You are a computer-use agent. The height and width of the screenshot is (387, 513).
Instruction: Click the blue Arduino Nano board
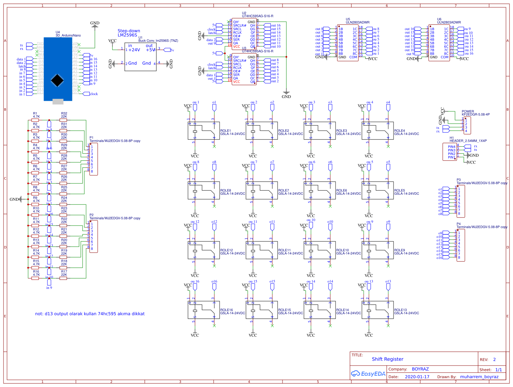pyautogui.click(x=58, y=69)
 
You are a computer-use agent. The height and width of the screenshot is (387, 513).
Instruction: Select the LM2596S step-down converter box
pyautogui.click(x=141, y=57)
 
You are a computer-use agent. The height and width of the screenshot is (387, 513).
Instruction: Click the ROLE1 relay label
pyautogui.click(x=226, y=131)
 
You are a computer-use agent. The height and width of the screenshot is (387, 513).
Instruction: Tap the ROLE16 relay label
pyautogui.click(x=227, y=310)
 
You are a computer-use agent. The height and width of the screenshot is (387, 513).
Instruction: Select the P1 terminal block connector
pyautogui.click(x=93, y=159)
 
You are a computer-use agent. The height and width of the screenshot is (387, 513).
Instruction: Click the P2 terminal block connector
pyautogui.click(x=93, y=237)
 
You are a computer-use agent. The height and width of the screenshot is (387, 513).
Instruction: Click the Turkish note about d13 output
pyautogui.click(x=90, y=314)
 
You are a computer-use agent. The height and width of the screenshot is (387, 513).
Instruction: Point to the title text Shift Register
pyautogui.click(x=388, y=359)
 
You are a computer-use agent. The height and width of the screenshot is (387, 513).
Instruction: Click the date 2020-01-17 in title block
pyautogui.click(x=417, y=377)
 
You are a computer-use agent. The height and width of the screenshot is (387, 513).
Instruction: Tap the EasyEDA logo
pyautogui.click(x=368, y=374)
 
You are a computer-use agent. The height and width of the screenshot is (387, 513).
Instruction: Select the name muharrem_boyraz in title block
pyautogui.click(x=479, y=377)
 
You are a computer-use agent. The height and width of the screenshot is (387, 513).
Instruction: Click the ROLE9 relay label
pyautogui.click(x=400, y=250)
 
